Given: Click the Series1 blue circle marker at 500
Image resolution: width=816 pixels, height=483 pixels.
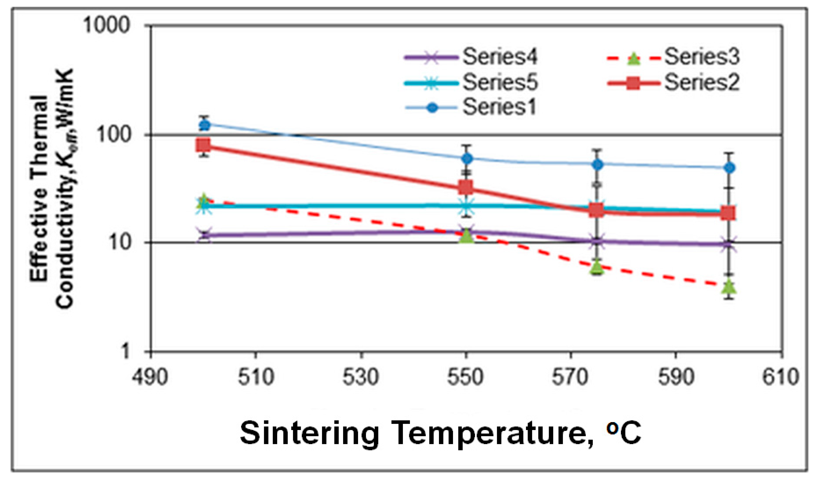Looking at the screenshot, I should point(205,125).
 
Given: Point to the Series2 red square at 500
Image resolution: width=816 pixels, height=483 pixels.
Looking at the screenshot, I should point(203,146).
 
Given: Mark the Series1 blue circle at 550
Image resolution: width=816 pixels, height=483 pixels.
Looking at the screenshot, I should point(467,159).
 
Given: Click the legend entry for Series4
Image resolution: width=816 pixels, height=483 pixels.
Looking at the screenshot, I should point(500,57).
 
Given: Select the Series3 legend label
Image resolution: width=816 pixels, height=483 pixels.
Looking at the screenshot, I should point(702,57).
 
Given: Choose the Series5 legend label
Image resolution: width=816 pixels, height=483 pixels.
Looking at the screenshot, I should point(500,82).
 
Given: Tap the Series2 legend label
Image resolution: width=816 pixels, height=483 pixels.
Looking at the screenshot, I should point(702,82).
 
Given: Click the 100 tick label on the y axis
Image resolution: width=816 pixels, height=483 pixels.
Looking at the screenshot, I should point(113,134).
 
